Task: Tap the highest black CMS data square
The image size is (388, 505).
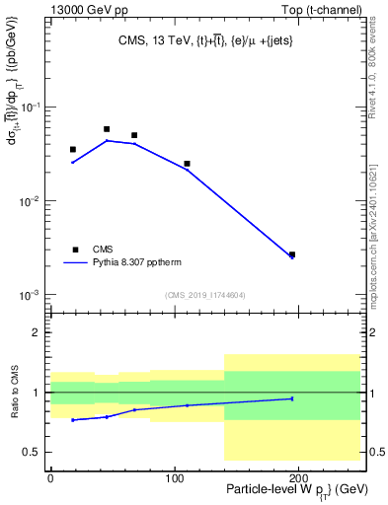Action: point(107,129)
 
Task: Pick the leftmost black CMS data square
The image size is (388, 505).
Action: point(73,150)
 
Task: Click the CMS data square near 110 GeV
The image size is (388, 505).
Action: point(187,164)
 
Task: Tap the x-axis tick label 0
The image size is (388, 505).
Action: point(50,475)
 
